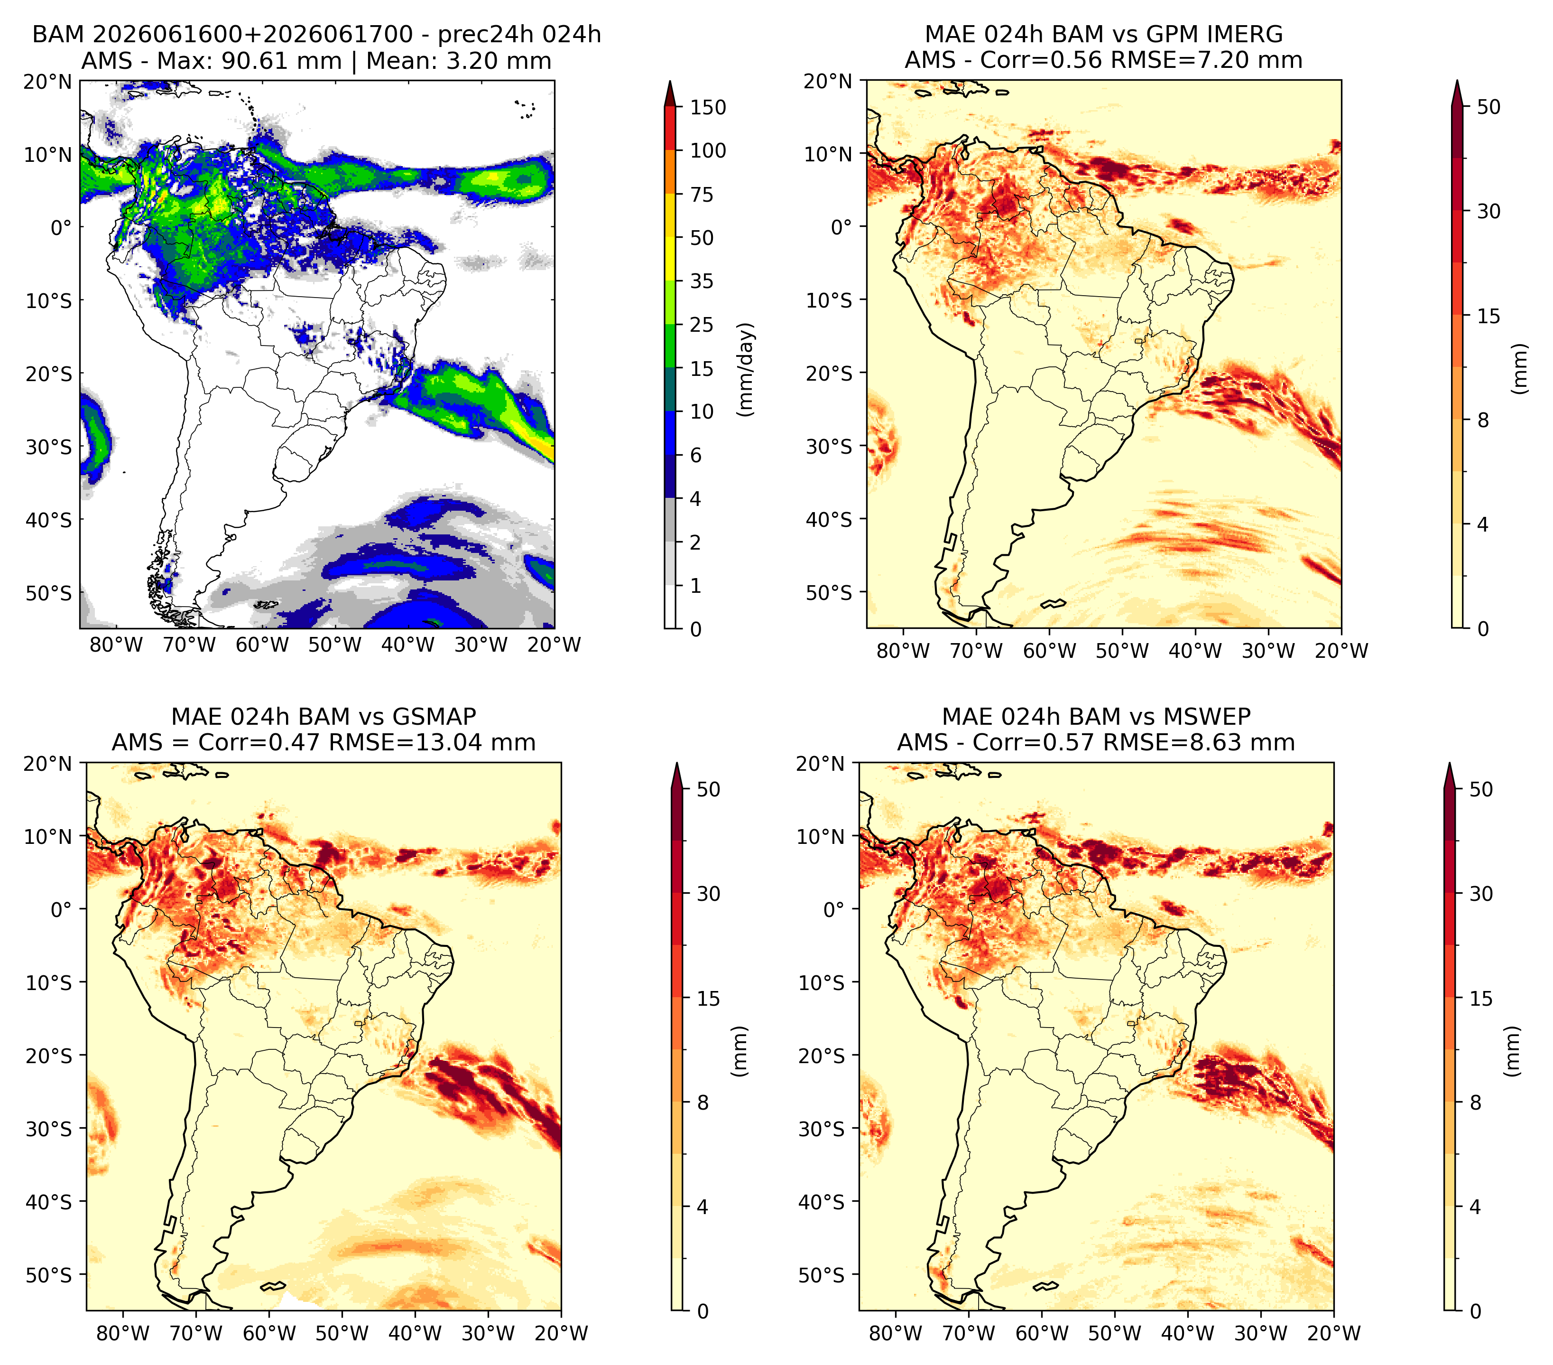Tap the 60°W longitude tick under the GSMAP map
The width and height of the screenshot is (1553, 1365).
click(x=270, y=1333)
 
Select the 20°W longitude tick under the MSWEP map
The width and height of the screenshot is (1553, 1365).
click(x=1333, y=1333)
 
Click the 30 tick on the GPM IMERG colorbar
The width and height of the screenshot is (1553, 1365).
click(x=1489, y=211)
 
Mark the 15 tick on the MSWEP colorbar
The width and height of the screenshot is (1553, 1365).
click(x=1481, y=998)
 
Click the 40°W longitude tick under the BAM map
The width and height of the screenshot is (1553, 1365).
click(x=408, y=645)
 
